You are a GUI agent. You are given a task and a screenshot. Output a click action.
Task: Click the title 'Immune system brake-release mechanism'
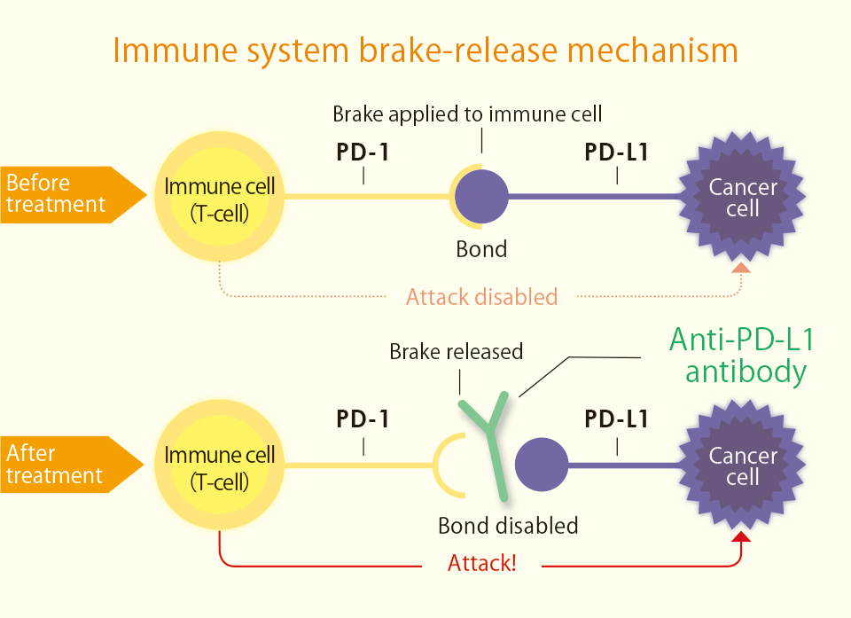click(x=425, y=50)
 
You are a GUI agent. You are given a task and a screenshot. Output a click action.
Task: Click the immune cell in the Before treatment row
click(x=220, y=196)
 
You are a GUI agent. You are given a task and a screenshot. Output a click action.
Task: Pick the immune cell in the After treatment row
click(x=220, y=466)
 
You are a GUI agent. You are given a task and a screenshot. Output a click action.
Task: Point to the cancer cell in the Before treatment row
click(x=742, y=197)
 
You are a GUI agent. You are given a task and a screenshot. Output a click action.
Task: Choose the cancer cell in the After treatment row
click(x=742, y=466)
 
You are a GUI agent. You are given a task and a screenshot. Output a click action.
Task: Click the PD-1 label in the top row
click(x=363, y=153)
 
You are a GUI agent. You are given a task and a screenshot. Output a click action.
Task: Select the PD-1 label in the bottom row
click(x=363, y=419)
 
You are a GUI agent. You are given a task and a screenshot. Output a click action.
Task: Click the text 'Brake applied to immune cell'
click(x=467, y=114)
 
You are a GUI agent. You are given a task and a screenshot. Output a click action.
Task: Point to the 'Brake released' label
click(x=457, y=352)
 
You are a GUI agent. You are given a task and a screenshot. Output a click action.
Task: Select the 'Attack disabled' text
click(x=481, y=296)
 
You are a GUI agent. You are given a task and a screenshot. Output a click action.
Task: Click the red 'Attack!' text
click(x=481, y=563)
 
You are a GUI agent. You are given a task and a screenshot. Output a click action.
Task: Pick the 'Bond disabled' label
click(x=508, y=526)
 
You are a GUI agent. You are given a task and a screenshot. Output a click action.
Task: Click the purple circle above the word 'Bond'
click(x=482, y=196)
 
